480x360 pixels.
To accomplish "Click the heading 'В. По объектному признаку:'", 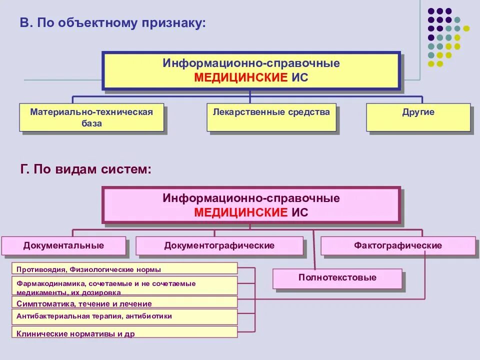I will (x=112, y=22).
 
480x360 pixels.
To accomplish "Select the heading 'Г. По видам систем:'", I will (x=85, y=169).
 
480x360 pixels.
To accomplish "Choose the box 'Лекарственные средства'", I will (x=271, y=117).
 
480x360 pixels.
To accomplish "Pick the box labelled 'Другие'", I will (x=418, y=117).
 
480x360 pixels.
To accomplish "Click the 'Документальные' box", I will (x=63, y=245).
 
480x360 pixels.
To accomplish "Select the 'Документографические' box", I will (x=219, y=245).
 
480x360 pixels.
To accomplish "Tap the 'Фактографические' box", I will (x=398, y=245).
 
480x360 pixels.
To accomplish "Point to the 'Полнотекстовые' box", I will (x=337, y=278).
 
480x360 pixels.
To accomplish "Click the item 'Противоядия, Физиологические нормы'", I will (x=124, y=269).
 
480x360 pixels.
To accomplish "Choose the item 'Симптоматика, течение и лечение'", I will (x=124, y=303).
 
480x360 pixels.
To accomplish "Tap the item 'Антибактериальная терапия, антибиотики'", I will (x=124, y=316).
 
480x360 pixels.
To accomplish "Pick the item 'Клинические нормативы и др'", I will (x=124, y=332).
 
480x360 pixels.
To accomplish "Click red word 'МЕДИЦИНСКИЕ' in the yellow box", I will (x=241, y=77).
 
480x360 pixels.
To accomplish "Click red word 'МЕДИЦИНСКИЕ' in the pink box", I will (x=241, y=212).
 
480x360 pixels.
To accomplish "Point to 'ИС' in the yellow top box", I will (x=300, y=77).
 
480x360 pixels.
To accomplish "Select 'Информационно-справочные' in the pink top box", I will (x=251, y=198).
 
